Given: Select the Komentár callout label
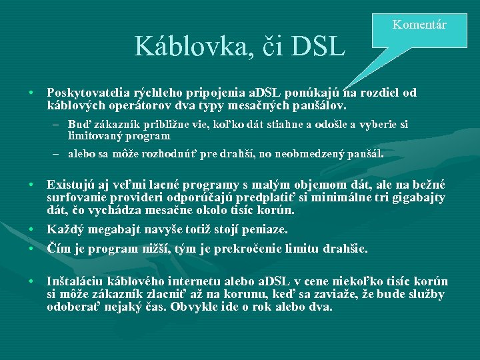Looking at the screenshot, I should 419,25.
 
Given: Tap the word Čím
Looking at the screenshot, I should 58,249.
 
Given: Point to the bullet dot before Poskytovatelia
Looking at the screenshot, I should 33,93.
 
